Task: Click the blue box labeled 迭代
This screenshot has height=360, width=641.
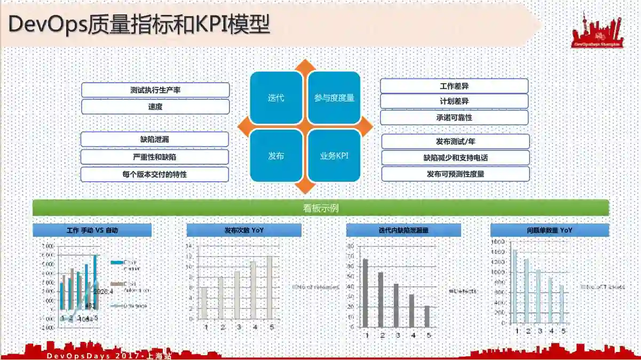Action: click(x=276, y=98)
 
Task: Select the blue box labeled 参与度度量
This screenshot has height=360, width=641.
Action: click(x=334, y=98)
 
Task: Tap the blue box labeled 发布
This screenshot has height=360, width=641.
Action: click(x=276, y=156)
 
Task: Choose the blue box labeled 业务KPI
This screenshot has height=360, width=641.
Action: click(x=334, y=156)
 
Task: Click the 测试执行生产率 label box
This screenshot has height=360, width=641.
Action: click(x=155, y=90)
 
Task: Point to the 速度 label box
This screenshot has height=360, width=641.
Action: click(x=155, y=107)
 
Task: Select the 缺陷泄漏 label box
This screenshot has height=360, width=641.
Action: click(x=155, y=140)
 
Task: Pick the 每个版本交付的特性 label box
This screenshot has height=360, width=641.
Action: click(x=155, y=174)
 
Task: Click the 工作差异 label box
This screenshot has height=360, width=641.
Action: click(x=454, y=86)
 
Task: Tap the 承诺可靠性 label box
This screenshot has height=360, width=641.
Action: click(x=454, y=117)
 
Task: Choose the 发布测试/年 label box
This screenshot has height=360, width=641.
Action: click(x=455, y=141)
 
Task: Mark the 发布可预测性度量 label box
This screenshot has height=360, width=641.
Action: click(x=455, y=174)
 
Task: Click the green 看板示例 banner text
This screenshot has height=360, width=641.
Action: click(x=321, y=208)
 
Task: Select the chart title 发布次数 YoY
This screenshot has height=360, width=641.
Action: click(x=244, y=230)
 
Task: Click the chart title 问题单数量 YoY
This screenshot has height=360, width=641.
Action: click(x=549, y=230)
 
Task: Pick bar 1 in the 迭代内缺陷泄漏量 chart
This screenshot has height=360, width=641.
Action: click(x=366, y=292)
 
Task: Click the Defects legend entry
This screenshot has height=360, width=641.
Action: click(x=463, y=291)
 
